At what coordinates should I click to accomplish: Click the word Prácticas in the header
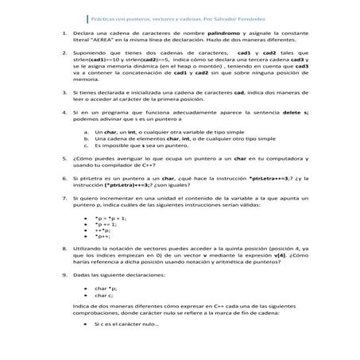(x=104, y=17)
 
